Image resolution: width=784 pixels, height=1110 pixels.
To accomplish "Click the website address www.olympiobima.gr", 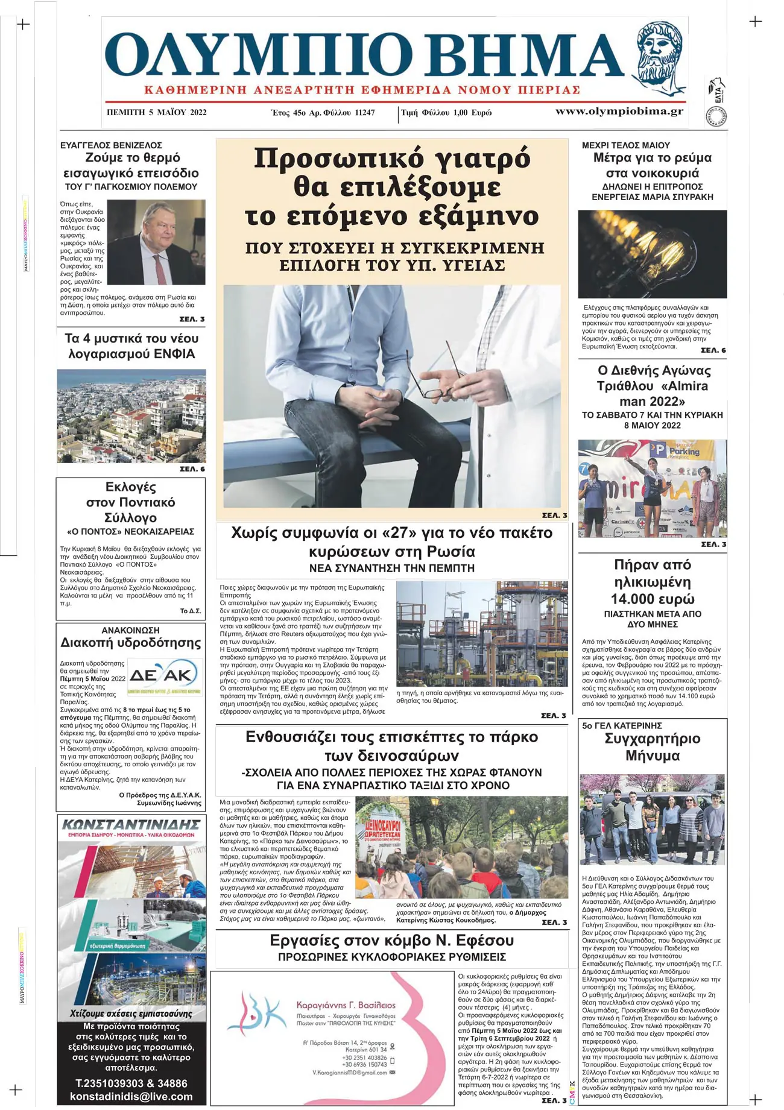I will point(619,112).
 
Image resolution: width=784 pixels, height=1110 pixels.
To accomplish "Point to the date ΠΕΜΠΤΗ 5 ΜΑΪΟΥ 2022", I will point(156,113).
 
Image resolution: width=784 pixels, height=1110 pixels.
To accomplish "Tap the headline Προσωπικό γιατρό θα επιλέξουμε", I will point(391,172).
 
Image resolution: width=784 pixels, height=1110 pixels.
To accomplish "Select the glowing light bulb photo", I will point(652,254).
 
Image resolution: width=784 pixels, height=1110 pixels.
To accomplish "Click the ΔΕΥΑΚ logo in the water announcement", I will point(164,676).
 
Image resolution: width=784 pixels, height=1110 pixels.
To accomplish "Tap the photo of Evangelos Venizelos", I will point(156,242).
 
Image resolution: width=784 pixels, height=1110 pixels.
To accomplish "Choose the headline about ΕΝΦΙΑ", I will point(131,346).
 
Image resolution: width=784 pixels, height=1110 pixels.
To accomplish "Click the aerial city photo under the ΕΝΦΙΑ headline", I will point(131,416).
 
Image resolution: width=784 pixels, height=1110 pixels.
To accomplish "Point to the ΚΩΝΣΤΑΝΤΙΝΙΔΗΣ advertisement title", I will point(131,824).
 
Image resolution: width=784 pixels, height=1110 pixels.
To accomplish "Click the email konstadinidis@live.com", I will point(131,1097).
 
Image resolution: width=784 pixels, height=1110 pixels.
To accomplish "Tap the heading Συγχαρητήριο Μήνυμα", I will point(652,747).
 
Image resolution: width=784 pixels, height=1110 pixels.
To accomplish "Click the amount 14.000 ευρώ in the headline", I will point(652,599).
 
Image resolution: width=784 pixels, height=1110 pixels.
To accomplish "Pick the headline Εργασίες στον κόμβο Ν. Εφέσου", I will point(391,941).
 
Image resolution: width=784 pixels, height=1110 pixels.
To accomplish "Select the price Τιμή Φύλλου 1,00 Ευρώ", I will point(446,113).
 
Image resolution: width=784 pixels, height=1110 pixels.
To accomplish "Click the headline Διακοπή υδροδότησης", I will point(131,643).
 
